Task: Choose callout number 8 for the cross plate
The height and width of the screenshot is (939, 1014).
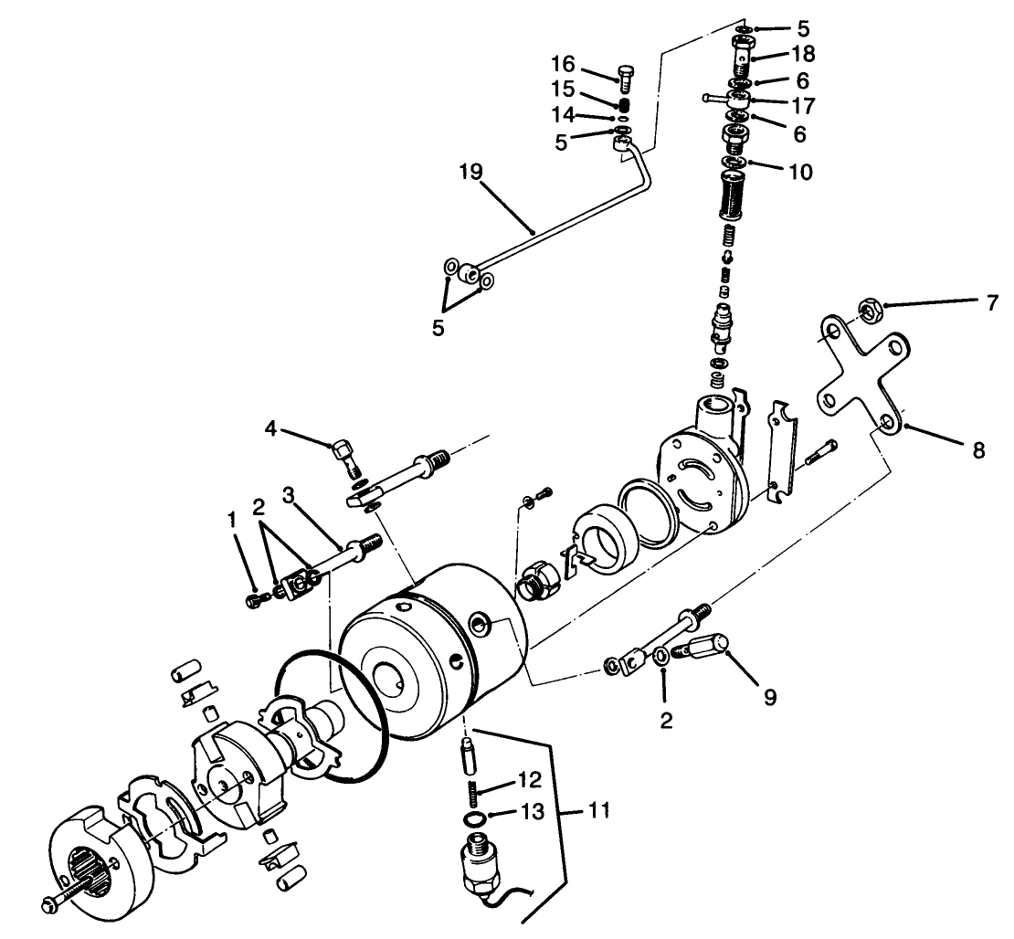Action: click(x=977, y=449)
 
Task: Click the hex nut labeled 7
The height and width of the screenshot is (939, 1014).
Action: click(x=870, y=311)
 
